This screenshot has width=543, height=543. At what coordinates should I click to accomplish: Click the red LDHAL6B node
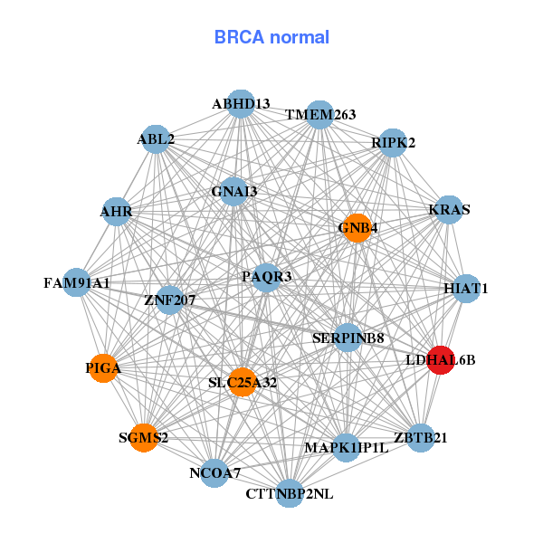pos(441,360)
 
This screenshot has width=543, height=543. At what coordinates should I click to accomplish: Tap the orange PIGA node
pos(104,368)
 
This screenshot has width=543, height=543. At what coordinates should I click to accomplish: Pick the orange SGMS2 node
pos(144,438)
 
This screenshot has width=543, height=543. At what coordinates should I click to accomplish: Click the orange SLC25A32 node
pos(242,382)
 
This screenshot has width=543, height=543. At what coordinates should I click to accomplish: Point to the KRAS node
pos(449,210)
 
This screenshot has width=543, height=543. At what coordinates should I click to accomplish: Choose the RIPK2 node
pos(392,143)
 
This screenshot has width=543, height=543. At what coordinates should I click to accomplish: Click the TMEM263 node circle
pos(320,115)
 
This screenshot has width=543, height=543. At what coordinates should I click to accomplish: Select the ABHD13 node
pos(240,104)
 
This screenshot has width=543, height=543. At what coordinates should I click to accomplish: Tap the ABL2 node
pos(157,139)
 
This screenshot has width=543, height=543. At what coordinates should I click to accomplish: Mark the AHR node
pos(117,213)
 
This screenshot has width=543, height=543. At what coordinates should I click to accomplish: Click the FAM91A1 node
pos(78,283)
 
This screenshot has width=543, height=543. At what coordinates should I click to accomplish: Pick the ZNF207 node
pos(170,299)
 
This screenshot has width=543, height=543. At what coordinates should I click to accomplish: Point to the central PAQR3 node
pos(266,276)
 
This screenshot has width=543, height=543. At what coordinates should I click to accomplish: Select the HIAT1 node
pos(465,289)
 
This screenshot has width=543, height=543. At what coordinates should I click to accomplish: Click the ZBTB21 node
pos(421,437)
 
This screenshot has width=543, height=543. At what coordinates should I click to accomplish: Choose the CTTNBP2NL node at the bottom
pos(289,493)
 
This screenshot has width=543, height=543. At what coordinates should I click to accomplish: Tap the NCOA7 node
pos(214,472)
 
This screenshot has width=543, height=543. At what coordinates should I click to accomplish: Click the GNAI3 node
pos(234,192)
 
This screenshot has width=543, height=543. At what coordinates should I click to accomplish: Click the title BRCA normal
pos(271,37)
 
